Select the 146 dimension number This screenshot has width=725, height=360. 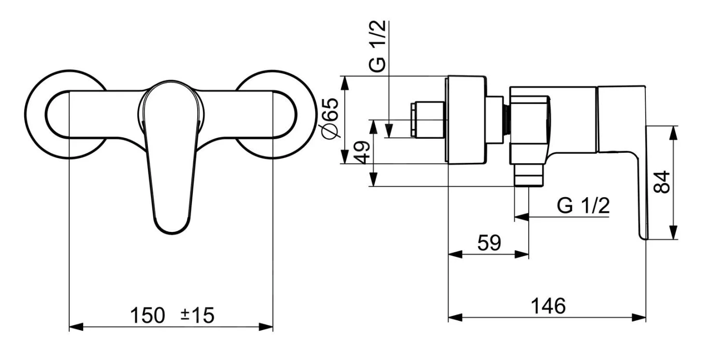click(x=548, y=306)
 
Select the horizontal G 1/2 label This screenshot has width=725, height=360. click(x=583, y=206)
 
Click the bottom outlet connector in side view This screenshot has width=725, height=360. click(x=529, y=174)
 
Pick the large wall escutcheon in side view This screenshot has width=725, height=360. click(x=465, y=120)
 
